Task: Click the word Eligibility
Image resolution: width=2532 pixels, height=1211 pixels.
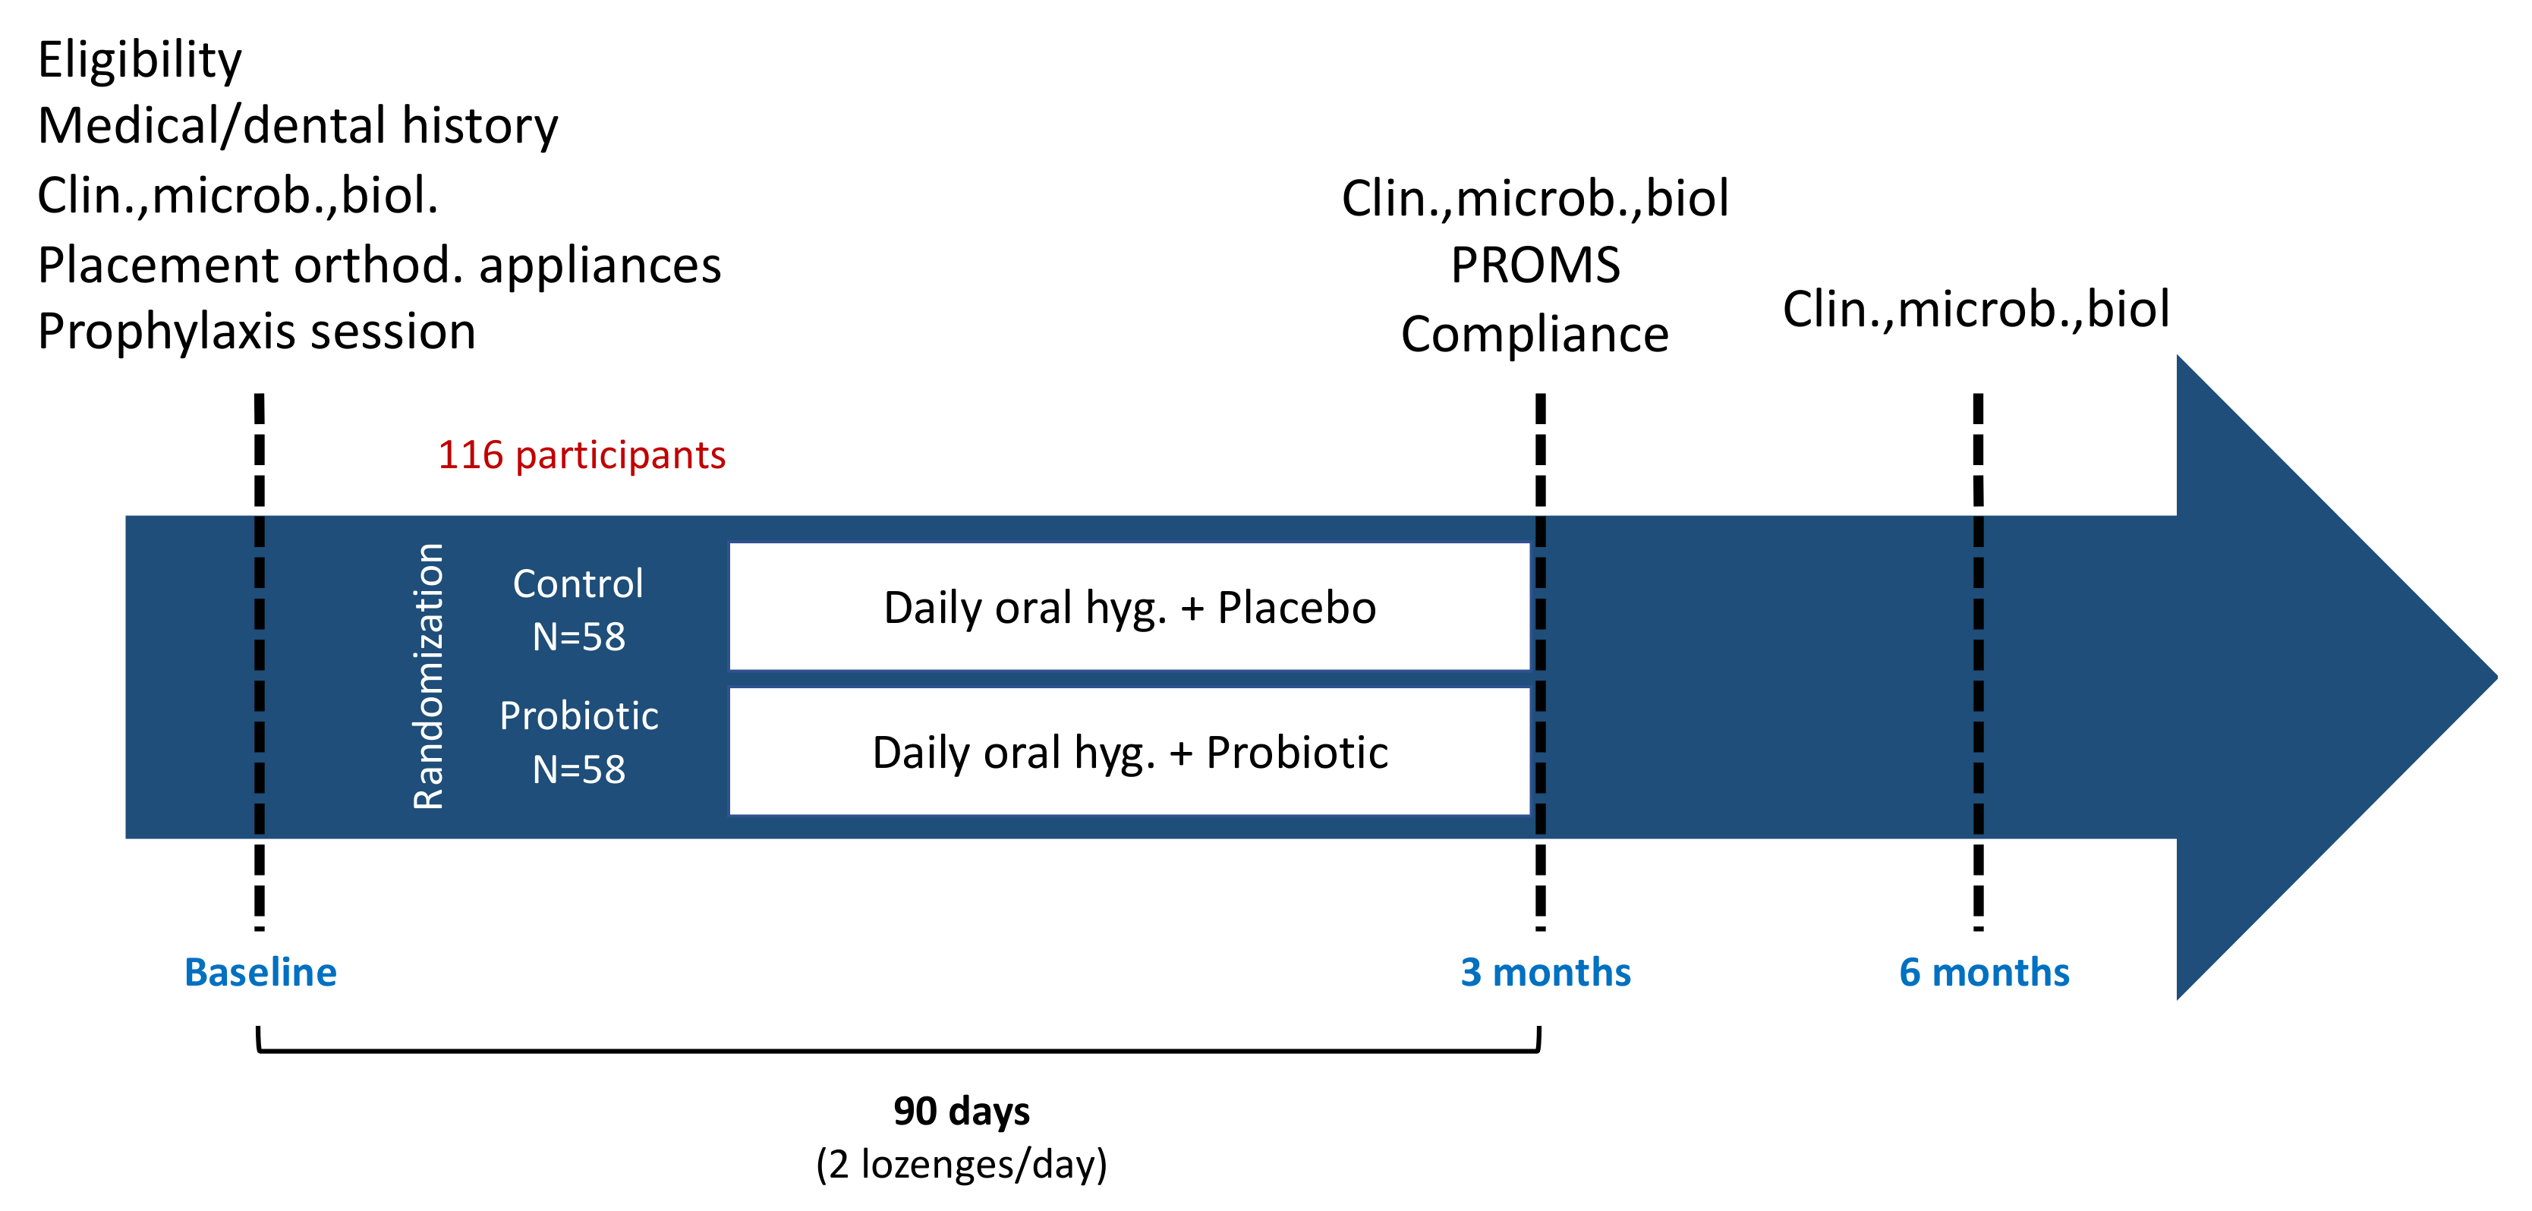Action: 140,60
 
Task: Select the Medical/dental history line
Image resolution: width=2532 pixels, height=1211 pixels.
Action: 298,126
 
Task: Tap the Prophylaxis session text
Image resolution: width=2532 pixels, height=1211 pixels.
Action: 257,332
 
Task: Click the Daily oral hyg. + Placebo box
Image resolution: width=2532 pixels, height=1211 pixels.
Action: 1129,608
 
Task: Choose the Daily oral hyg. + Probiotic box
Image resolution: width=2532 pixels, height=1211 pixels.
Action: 1129,752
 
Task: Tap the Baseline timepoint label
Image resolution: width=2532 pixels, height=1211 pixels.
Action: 260,972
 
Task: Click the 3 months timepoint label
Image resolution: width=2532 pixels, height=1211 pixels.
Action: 1545,972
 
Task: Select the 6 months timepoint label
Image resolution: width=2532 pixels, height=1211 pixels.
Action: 1983,972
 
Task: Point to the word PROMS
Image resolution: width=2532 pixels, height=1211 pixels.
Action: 1535,266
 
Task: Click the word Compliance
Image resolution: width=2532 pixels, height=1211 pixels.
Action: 1535,334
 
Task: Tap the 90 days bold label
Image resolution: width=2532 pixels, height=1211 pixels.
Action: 962,1112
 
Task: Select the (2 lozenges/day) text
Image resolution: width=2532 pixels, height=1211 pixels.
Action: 962,1164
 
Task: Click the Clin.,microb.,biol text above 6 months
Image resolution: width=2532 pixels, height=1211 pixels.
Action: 1976,309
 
